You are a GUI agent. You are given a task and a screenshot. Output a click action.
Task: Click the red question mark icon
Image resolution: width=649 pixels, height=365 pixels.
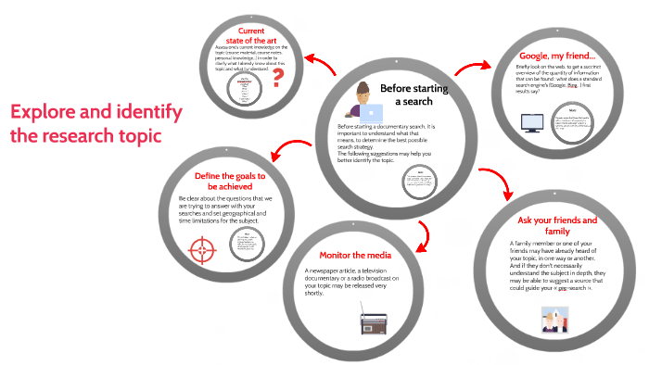(x=276, y=77)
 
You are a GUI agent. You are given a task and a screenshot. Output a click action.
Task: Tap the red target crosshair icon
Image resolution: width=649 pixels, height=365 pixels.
(x=202, y=249)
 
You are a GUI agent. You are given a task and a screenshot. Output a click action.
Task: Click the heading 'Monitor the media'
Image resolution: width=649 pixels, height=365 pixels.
(x=355, y=255)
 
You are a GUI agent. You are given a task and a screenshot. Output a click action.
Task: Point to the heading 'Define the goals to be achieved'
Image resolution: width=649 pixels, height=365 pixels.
(x=230, y=182)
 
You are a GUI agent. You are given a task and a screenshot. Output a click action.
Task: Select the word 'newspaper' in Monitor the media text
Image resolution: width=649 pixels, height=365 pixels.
(x=337, y=271)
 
